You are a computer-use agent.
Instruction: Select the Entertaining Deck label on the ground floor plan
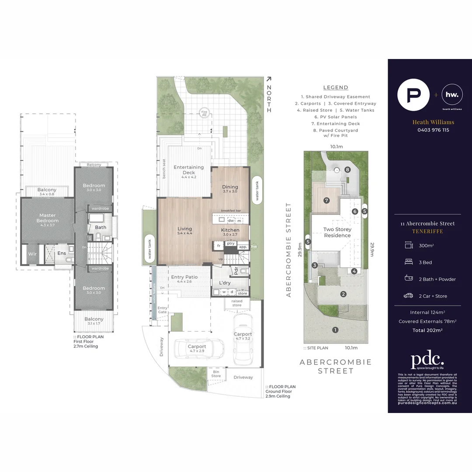(188, 170)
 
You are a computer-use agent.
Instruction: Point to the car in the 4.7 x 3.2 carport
(243, 340)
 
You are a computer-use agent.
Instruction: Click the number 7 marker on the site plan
(326, 201)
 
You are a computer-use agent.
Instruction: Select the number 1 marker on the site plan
(335, 330)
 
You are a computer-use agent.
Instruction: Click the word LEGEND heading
(336, 87)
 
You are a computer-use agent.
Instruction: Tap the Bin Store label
(216, 374)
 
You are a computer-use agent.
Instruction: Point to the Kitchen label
(230, 230)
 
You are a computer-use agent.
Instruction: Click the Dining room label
(230, 189)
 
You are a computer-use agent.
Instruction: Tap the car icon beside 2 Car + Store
(408, 296)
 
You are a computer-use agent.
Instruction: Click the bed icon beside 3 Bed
(408, 262)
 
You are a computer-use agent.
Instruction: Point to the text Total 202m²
(427, 330)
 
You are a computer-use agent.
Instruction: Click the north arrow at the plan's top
(269, 79)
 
